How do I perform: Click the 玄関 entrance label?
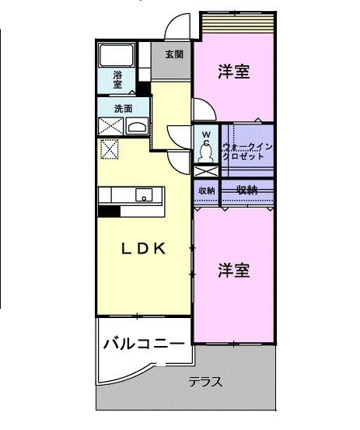pos(174,54)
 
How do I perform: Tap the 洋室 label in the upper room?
pos(233,72)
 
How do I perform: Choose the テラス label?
pos(206,382)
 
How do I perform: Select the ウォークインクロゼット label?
pos(246,151)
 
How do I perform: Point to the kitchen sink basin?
pos(144,195)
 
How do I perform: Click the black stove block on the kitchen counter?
pos(108,210)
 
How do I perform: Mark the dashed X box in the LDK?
pos(110,149)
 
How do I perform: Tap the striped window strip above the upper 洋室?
pos(237,26)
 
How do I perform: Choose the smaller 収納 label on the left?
pos(206,190)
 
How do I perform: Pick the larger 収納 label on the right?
pos(247,189)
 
